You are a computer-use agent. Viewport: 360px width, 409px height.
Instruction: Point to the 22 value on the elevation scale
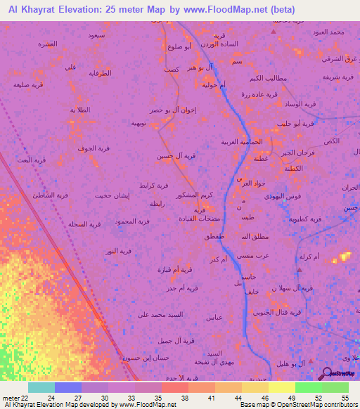click(25, 398)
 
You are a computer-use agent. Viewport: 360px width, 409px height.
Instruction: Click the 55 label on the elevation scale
click(344, 398)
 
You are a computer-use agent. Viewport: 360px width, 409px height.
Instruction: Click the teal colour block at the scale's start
click(41, 387)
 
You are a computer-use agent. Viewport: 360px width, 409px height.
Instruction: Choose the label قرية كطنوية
click(304, 219)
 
